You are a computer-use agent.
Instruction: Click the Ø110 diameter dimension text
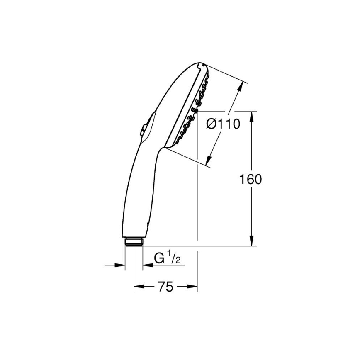pyautogui.click(x=224, y=124)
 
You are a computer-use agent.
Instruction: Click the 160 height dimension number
pyautogui.click(x=251, y=180)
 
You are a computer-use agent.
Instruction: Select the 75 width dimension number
pyautogui.click(x=165, y=287)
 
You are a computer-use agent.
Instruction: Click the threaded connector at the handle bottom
pyautogui.click(x=133, y=242)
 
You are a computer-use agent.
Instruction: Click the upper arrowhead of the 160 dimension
pyautogui.click(x=251, y=116)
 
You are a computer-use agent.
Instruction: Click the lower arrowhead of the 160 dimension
pyautogui.click(x=251, y=241)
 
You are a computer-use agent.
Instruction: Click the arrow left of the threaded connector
pyautogui.click(x=121, y=265)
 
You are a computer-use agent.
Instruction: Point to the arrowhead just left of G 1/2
pyautogui.click(x=146, y=265)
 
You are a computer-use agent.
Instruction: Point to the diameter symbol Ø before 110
pyautogui.click(x=211, y=124)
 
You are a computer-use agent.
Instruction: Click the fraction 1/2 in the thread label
pyautogui.click(x=175, y=258)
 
